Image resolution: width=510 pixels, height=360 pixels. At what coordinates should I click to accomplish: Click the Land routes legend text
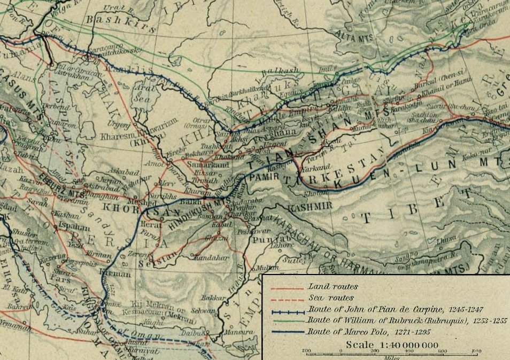[327, 287]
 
